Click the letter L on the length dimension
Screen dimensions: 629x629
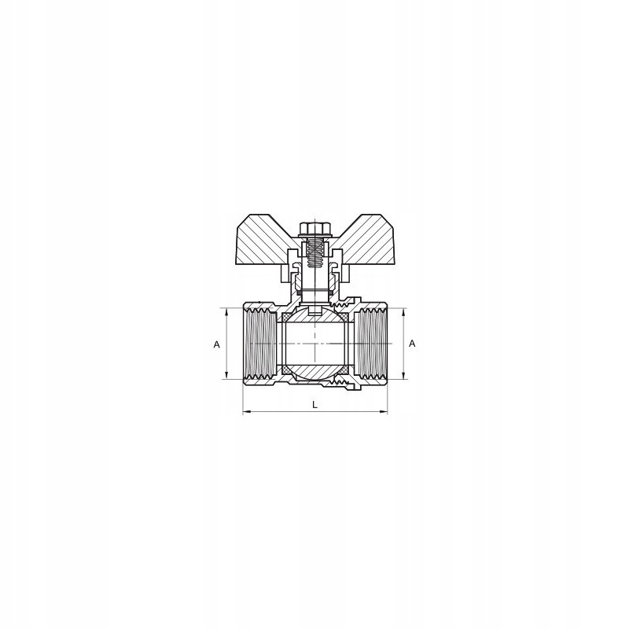click(x=314, y=404)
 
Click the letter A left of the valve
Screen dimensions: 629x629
click(x=215, y=344)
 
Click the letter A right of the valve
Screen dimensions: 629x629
click(x=413, y=344)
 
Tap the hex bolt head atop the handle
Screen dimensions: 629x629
click(x=314, y=229)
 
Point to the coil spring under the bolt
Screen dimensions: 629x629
click(x=314, y=252)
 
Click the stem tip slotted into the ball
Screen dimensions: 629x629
click(x=314, y=309)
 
